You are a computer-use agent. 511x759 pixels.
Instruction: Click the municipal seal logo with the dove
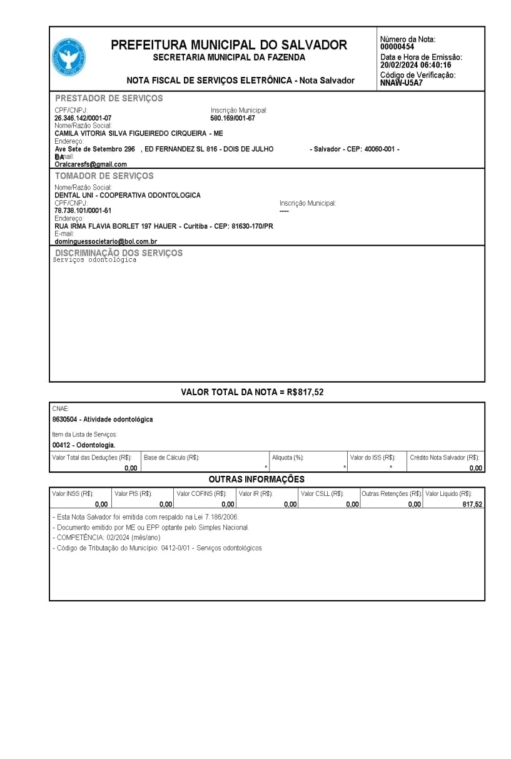[x=69, y=58]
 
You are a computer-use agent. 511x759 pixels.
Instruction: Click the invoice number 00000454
[x=397, y=47]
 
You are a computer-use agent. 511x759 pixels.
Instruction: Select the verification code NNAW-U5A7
[x=402, y=83]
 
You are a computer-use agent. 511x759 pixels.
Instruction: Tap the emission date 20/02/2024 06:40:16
[x=415, y=65]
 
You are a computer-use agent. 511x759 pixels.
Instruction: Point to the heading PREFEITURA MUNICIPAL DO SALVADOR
[x=229, y=45]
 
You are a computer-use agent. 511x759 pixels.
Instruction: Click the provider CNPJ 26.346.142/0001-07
[x=83, y=118]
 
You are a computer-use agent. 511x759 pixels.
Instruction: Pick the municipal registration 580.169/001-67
[x=233, y=118]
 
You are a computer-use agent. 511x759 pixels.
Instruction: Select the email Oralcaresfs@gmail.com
[x=91, y=164]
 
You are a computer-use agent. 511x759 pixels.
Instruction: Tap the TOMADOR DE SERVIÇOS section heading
[x=104, y=176]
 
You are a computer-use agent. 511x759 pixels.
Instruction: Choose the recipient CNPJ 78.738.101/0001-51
[x=83, y=211]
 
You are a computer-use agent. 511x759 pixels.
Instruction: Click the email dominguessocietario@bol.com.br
[x=106, y=241]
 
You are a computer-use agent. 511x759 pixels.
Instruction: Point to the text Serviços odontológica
[x=94, y=260]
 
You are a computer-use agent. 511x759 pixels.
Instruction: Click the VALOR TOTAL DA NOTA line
[x=252, y=393]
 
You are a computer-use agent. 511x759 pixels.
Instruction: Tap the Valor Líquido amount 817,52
[x=472, y=505]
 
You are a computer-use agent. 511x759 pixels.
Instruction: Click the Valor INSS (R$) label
[x=73, y=494]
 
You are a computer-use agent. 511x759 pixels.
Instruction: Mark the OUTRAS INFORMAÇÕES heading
[x=256, y=480]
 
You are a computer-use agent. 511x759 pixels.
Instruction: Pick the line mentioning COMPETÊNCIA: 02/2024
[x=108, y=538]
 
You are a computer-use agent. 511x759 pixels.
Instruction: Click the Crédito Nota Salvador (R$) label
[x=444, y=458]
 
